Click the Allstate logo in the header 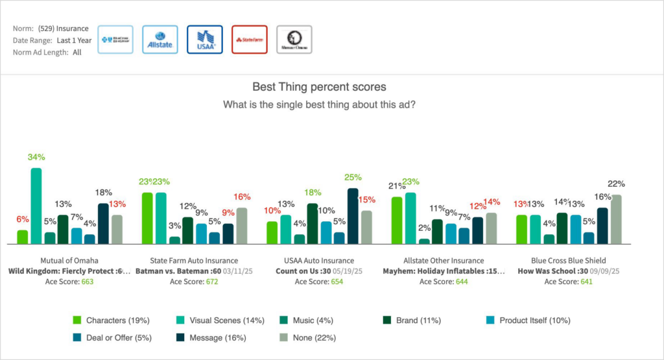click(x=160, y=40)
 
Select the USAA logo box click(x=204, y=40)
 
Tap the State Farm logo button click(x=249, y=40)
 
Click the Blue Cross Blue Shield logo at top click(x=115, y=40)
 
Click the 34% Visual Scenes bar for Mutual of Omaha click(x=36, y=206)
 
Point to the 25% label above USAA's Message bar click(x=353, y=178)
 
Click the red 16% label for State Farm click(x=241, y=197)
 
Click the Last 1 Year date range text click(x=73, y=40)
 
